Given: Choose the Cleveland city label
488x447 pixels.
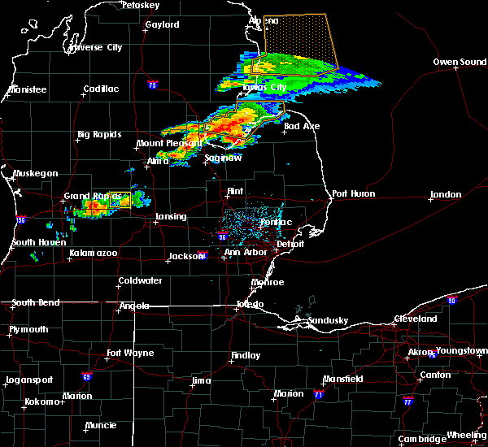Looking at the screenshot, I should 416,319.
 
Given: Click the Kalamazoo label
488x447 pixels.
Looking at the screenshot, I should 92,254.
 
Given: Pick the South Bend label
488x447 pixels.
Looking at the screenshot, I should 35,302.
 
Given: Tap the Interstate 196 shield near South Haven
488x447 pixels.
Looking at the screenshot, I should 20,219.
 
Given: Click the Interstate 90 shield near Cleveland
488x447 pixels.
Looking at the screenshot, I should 452,300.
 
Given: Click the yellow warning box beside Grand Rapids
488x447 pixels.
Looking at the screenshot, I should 120,198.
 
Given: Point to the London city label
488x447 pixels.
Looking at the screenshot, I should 446,194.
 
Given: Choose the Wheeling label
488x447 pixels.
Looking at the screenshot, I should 468,436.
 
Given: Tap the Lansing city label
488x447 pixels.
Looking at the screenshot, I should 171,216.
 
